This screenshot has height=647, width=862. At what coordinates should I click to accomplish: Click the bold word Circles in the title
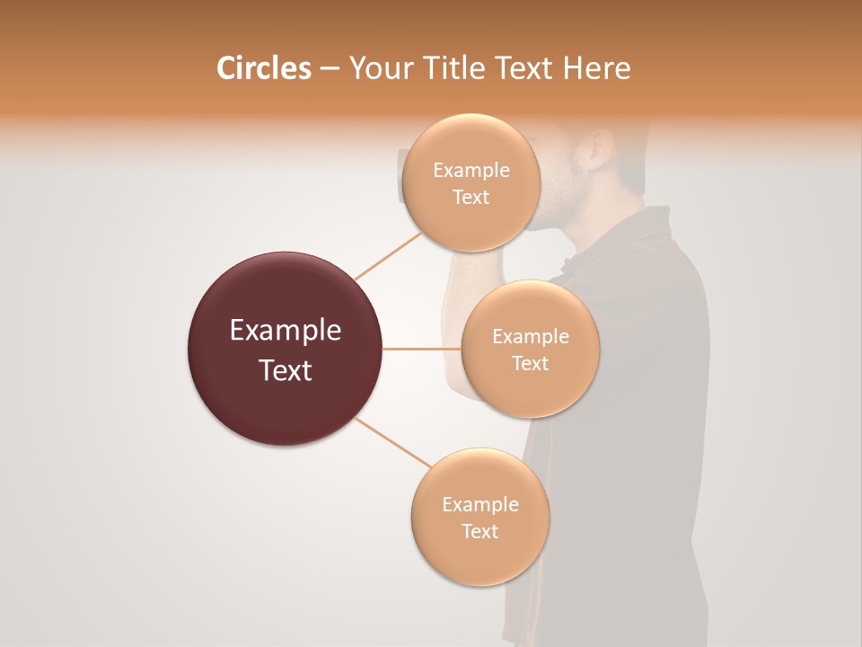[263, 68]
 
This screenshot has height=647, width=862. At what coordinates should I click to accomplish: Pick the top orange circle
[471, 225]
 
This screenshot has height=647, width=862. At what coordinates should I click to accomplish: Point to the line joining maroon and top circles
[388, 256]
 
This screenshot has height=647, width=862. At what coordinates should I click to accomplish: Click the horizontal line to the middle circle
[422, 349]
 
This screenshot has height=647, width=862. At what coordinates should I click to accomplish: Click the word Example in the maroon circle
[285, 331]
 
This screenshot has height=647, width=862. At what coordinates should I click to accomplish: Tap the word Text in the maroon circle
[285, 369]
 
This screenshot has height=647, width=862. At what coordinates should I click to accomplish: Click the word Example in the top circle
[471, 171]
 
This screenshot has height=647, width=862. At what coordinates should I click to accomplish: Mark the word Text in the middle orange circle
[530, 363]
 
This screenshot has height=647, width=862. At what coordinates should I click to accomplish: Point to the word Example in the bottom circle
[480, 505]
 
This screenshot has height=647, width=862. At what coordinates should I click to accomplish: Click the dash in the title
[330, 69]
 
